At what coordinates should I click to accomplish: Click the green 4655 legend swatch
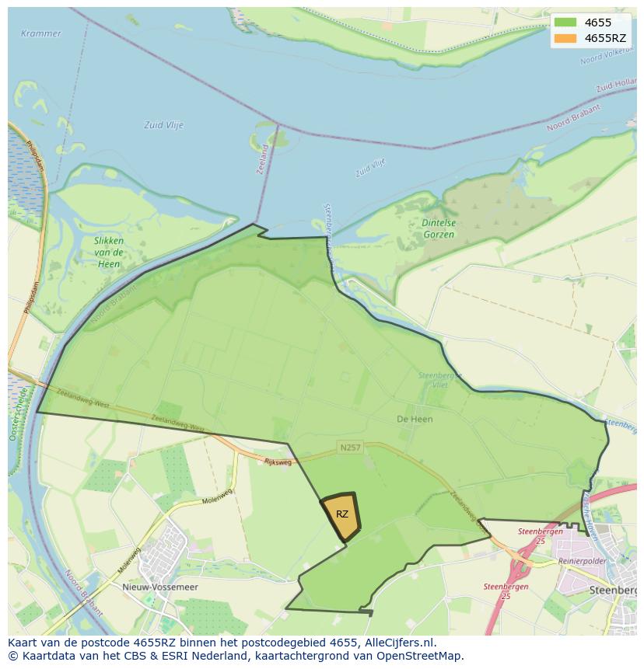click(x=565, y=23)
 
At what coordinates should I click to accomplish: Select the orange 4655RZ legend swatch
click(x=565, y=38)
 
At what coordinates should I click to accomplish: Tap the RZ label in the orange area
click(x=342, y=514)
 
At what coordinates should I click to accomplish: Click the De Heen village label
click(x=415, y=419)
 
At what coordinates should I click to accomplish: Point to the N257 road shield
click(x=350, y=448)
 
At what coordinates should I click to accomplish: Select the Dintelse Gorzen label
click(x=439, y=228)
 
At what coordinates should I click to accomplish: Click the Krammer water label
click(x=40, y=33)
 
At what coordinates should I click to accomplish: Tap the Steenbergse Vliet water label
click(x=440, y=380)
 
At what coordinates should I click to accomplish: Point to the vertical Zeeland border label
click(x=263, y=159)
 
